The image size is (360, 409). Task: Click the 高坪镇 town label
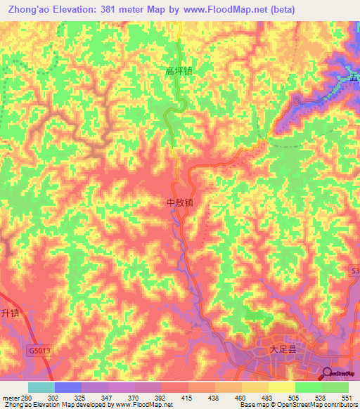click(x=179, y=71)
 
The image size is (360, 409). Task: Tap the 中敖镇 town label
click(x=179, y=202)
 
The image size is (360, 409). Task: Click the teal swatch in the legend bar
click(x=41, y=387)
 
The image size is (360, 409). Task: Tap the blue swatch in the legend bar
click(x=68, y=387)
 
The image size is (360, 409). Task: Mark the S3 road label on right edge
click(x=355, y=270)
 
